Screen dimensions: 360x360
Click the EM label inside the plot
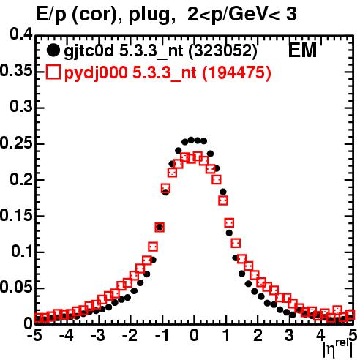click(302, 50)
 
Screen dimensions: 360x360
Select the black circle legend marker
click(53, 50)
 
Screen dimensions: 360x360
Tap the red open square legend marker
click(53, 72)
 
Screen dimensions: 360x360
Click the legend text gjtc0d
click(89, 51)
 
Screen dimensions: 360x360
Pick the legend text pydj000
click(96, 73)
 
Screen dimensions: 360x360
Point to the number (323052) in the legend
click(223, 50)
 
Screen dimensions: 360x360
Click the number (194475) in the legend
click(236, 72)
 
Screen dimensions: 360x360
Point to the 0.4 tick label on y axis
click(21, 34)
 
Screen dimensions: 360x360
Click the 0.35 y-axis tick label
click(16, 71)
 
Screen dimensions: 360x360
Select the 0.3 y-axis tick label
click(21, 107)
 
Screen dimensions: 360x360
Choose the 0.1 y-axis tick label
click(22, 251)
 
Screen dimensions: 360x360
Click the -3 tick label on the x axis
click(98, 335)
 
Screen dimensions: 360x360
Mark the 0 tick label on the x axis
click(194, 335)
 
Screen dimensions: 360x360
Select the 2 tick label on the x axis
click(258, 335)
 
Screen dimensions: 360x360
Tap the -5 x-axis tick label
click(34, 335)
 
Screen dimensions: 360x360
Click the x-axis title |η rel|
click(338, 348)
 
